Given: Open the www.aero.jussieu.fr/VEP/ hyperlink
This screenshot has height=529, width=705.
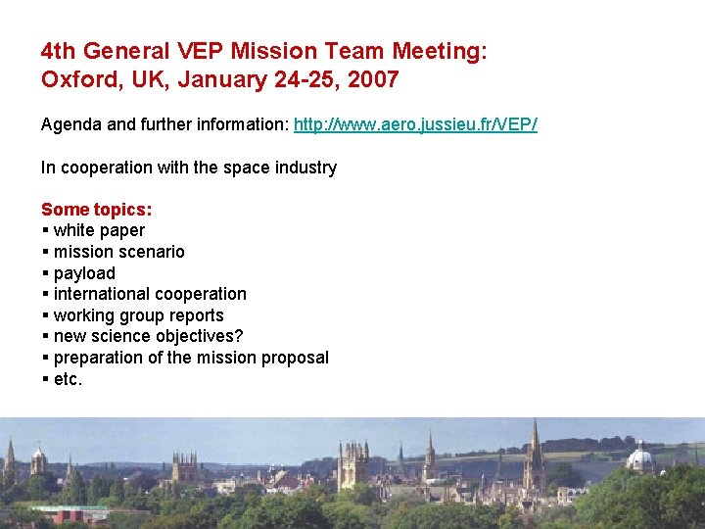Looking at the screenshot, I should click(x=415, y=125).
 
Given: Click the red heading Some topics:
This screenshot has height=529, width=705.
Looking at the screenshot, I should click(x=96, y=210).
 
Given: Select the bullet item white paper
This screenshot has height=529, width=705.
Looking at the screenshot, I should click(x=99, y=231).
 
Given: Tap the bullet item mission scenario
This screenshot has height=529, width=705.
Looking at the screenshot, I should click(x=118, y=252).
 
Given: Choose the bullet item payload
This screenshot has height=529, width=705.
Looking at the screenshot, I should click(x=84, y=273).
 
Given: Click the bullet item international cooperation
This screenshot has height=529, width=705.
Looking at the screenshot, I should click(x=150, y=294).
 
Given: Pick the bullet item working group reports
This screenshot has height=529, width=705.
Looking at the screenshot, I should click(x=138, y=315).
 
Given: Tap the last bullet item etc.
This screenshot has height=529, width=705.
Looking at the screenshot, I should click(x=68, y=379).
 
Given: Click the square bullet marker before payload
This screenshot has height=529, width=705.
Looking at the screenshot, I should click(x=46, y=273).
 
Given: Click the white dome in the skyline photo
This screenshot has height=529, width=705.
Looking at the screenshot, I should click(x=639, y=457).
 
